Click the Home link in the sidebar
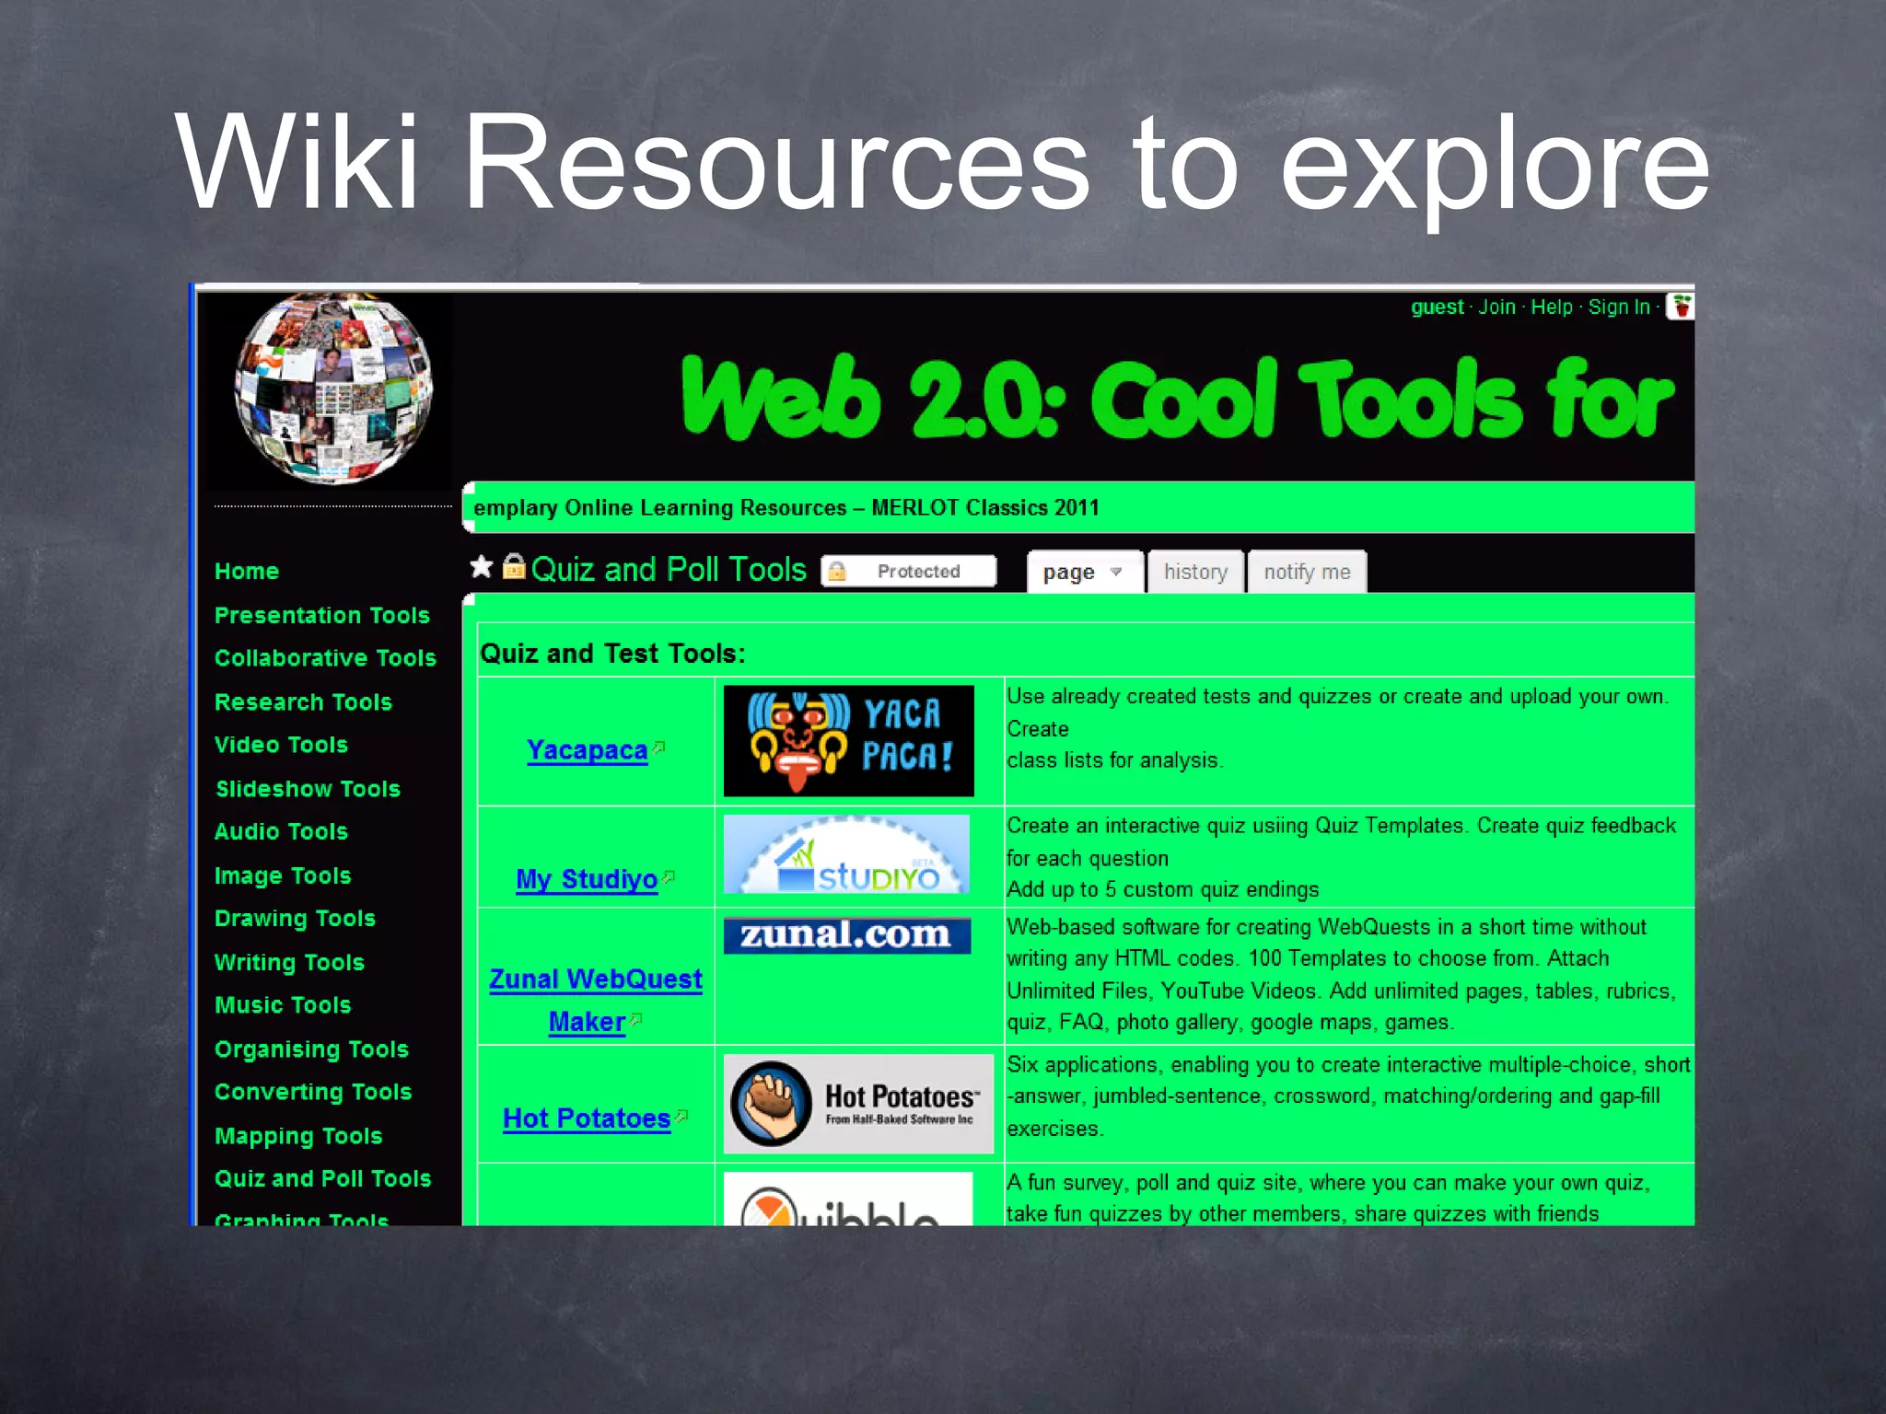click(246, 572)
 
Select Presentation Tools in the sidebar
click(321, 616)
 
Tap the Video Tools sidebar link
click(281, 745)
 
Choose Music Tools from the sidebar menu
click(283, 1005)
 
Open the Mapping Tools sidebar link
click(297, 1136)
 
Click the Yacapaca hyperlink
click(587, 750)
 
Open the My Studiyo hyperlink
click(587, 879)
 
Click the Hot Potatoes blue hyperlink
click(587, 1118)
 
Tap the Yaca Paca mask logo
click(848, 741)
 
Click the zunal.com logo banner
click(846, 935)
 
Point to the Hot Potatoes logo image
click(857, 1104)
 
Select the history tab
click(1195, 572)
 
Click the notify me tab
click(1307, 572)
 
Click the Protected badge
click(908, 572)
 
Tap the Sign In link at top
click(1618, 307)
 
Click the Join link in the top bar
click(1496, 307)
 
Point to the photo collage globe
click(332, 388)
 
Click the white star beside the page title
click(482, 567)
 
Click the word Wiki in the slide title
click(297, 163)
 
